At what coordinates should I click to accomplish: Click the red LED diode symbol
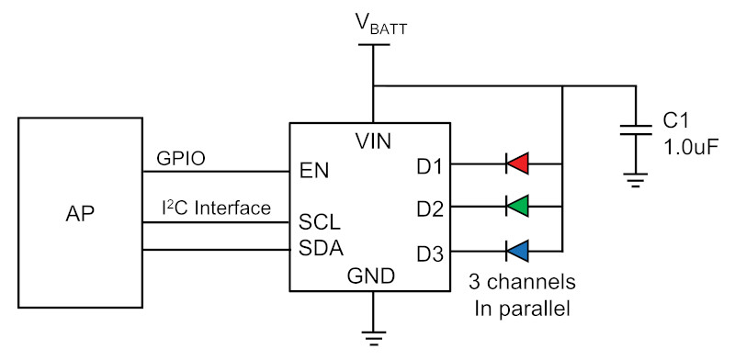pos(517,163)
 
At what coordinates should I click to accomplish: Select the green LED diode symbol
pos(517,206)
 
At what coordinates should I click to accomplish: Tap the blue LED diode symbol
pos(517,251)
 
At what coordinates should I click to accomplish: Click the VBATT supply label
pos(380,26)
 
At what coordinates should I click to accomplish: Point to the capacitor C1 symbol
pos(636,129)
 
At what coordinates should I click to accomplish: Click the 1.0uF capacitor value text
pos(691,148)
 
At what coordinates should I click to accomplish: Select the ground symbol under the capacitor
pos(636,180)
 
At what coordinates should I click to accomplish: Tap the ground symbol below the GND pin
pos(374,338)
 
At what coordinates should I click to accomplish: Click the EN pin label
pos(314,171)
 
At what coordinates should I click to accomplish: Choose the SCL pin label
pos(320,222)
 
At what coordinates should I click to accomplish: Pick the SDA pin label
pos(322,248)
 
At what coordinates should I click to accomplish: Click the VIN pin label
pos(373,141)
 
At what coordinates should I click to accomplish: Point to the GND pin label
pos(371,276)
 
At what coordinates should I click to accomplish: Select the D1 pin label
pos(429,167)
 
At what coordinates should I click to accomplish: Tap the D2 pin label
pos(429,209)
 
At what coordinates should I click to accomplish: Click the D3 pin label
pos(429,254)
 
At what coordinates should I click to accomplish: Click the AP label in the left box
pos(80,213)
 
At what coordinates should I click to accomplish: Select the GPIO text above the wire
pos(181,159)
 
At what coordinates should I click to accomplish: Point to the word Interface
pos(232,208)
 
